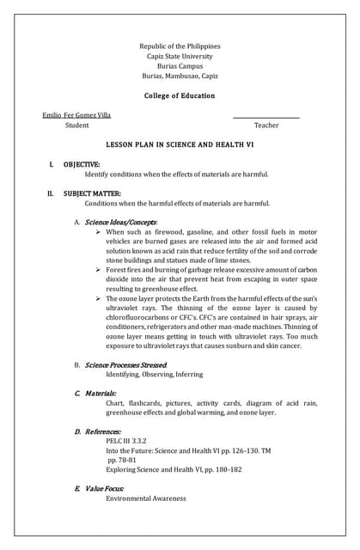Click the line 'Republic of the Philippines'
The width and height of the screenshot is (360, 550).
180,46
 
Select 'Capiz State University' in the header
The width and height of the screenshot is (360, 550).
180,56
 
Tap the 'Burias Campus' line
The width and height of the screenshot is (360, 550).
180,65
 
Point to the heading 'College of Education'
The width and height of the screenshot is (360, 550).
180,95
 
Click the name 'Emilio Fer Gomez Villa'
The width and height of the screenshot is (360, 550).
76,115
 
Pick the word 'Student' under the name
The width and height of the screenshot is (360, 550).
76,125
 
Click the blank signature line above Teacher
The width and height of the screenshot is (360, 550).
266,117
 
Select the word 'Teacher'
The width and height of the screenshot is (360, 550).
266,125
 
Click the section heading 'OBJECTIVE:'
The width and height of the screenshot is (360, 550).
82,163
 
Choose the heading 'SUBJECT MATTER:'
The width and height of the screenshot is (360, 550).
92,193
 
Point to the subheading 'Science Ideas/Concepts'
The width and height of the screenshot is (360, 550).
121,223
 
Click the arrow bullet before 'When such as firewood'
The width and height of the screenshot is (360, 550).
99,232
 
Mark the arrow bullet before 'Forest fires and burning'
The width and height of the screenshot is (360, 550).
99,270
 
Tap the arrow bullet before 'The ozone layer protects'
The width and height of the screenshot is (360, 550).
99,298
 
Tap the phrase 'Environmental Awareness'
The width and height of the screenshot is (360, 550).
145,498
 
